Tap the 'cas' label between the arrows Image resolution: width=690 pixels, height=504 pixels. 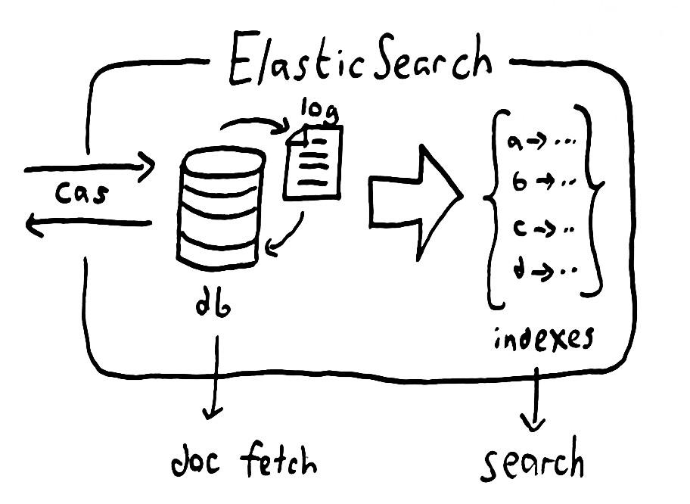tap(82, 194)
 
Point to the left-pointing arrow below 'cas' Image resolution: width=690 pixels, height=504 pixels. tap(88, 222)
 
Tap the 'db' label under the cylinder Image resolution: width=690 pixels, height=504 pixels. tap(213, 303)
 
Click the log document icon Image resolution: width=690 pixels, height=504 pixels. tap(313, 162)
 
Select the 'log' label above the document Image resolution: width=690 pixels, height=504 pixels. tap(320, 110)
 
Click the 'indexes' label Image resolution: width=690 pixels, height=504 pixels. tap(544, 339)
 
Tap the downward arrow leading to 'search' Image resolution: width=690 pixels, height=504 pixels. tap(536, 399)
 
